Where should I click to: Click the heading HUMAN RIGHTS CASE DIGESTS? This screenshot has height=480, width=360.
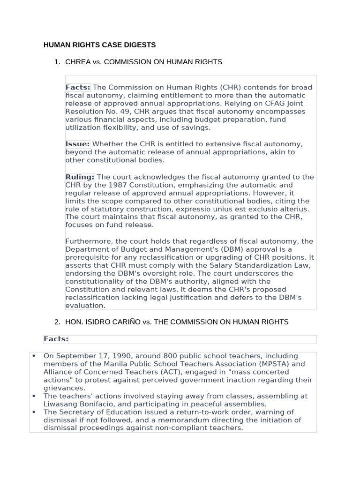point(99,45)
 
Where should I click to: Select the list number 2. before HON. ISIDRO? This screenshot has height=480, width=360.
point(57,322)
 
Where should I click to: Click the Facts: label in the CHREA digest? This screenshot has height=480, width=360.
point(77,87)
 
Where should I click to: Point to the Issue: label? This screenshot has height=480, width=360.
point(77,144)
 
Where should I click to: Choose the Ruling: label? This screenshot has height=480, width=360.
point(80,177)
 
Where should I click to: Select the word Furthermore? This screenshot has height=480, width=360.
point(87,241)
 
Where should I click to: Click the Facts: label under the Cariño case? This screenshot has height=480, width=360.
point(56,339)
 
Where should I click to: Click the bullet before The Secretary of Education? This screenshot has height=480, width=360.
point(34,412)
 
